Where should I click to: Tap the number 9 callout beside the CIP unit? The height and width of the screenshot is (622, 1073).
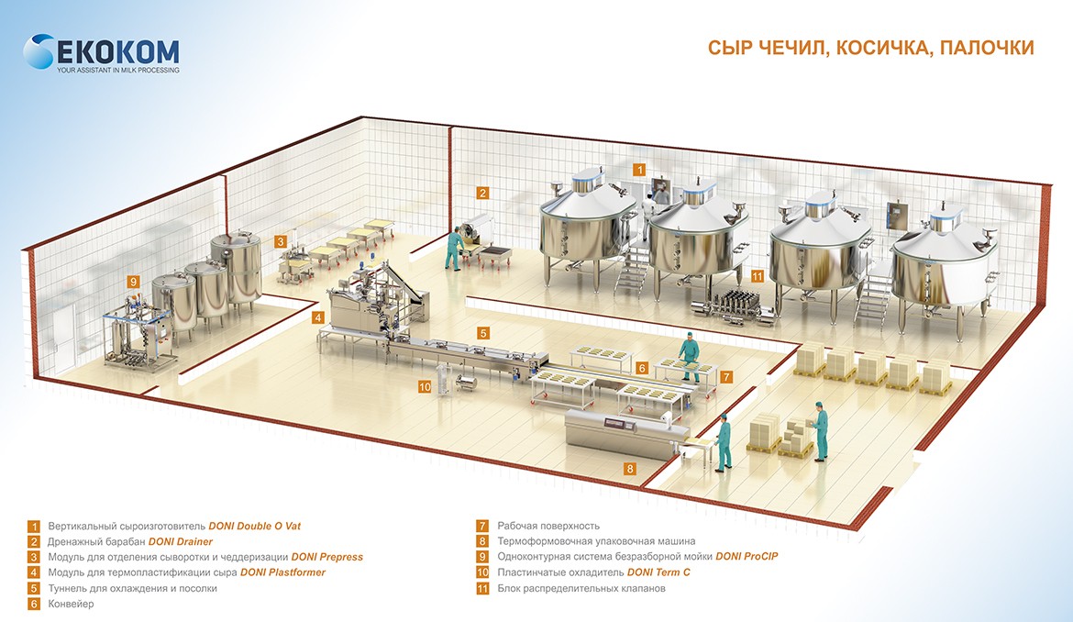134,282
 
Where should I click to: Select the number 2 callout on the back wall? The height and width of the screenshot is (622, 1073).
481,193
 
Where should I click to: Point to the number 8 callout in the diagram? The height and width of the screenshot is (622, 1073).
630,469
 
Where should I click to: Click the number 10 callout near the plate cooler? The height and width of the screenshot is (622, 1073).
425,387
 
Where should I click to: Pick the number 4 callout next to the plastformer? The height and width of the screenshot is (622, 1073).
317,317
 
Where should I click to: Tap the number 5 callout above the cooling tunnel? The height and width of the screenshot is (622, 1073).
483,333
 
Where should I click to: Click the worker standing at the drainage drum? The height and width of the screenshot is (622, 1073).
452,248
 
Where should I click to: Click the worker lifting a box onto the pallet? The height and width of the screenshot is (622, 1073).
819,430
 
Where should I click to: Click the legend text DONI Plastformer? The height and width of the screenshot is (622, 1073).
282,572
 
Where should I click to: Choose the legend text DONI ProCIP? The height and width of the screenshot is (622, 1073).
747,557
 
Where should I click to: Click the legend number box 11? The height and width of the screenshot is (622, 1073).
481,588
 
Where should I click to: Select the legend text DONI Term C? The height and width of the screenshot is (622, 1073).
658,572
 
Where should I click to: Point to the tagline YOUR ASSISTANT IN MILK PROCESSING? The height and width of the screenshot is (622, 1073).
118,71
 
